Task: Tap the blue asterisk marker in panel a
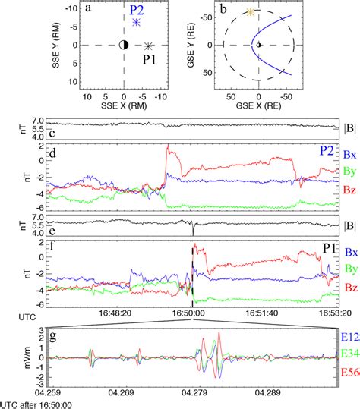pos(136,22)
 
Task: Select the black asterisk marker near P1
pos(149,46)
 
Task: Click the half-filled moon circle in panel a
pos(124,46)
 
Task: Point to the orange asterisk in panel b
pos(251,12)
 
